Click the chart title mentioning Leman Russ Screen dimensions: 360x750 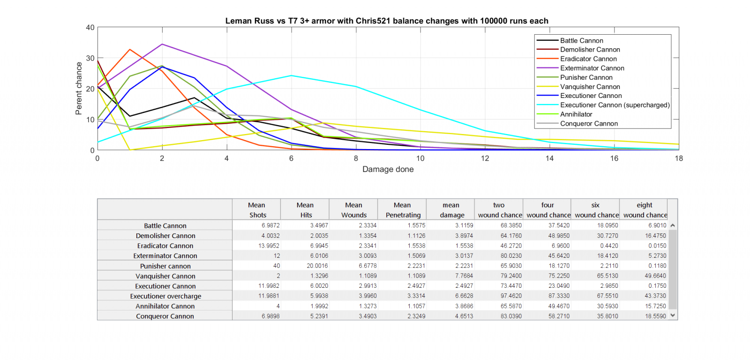click(x=387, y=21)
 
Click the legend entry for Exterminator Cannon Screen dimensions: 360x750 click(x=592, y=68)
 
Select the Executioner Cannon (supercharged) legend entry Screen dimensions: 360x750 click(x=615, y=105)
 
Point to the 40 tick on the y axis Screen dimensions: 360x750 click(x=90, y=28)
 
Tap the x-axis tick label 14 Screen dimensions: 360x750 click(x=549, y=158)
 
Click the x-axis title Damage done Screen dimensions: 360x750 click(x=388, y=169)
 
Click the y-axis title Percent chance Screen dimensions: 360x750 click(x=79, y=89)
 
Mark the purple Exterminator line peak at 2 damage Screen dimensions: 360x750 click(x=162, y=44)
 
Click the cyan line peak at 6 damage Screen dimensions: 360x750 click(x=291, y=75)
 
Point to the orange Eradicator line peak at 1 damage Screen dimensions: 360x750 click(x=130, y=49)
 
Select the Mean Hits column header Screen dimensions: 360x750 click(x=305, y=210)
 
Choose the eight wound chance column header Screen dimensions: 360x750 click(x=645, y=210)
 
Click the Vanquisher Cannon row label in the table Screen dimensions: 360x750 click(x=165, y=276)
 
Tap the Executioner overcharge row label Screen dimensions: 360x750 click(x=165, y=296)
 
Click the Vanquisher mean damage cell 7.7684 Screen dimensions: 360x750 click(x=464, y=276)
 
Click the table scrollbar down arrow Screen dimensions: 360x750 click(x=673, y=315)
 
